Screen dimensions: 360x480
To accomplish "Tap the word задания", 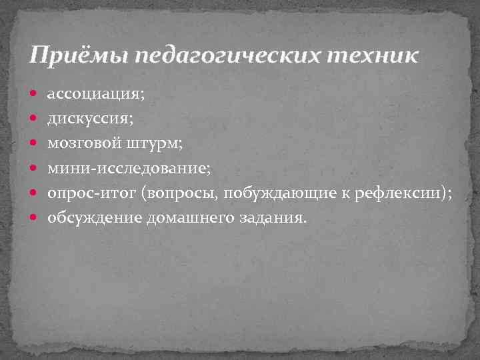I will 273,218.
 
